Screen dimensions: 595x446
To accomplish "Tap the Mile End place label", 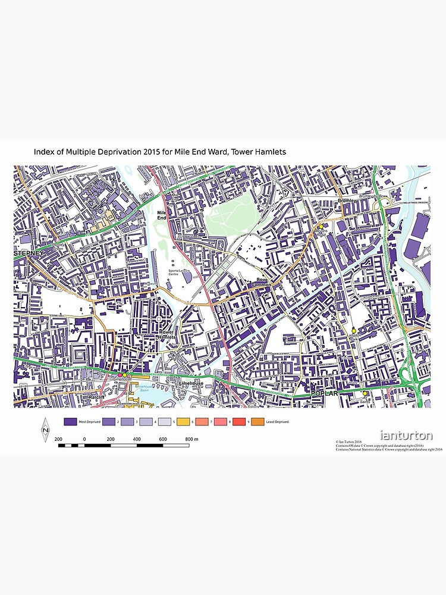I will (x=161, y=215).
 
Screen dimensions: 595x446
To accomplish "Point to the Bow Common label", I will (x=262, y=283).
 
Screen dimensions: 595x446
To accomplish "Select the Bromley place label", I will (x=346, y=201).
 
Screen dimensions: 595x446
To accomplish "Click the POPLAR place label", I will (x=324, y=394).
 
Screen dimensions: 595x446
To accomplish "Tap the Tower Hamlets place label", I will (x=167, y=334).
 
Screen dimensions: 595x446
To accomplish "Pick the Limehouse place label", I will (x=191, y=384).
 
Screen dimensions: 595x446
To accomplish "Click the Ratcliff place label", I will (x=97, y=396).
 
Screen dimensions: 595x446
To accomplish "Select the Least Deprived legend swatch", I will (x=257, y=422).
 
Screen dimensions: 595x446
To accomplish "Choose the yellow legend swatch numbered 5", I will (x=165, y=422).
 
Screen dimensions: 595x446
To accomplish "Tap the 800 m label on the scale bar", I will (x=191, y=439).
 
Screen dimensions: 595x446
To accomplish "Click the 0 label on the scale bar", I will (x=84, y=439).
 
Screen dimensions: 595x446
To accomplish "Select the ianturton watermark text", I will (x=406, y=436).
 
